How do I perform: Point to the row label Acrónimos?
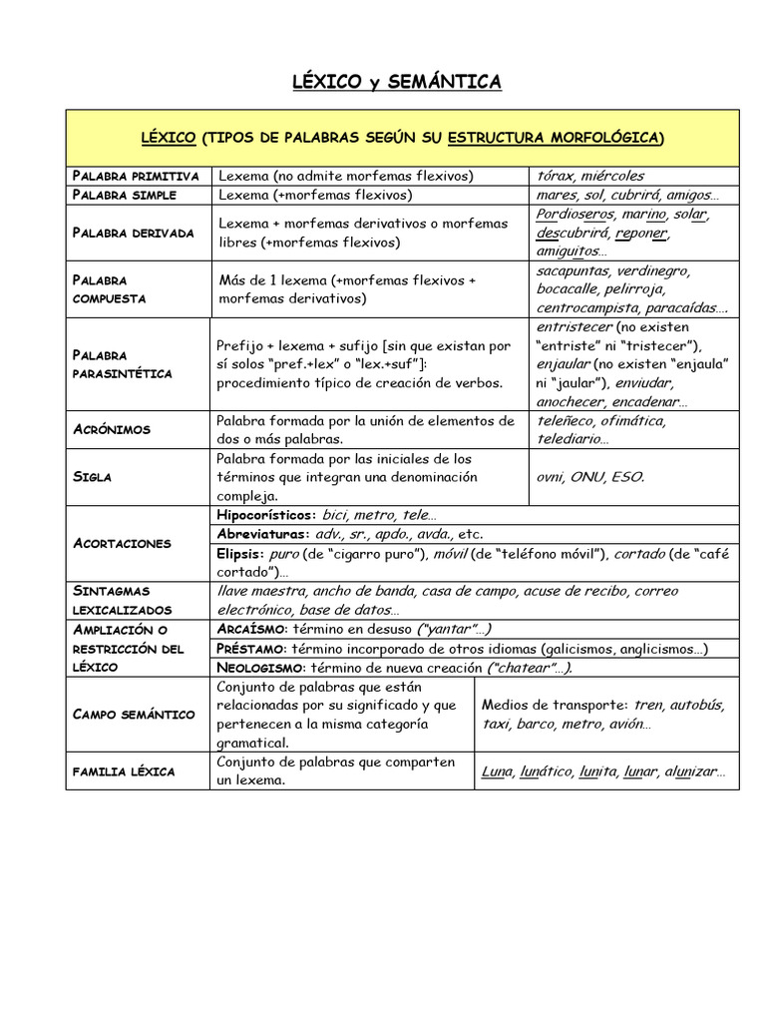111,429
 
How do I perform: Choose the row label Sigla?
92,477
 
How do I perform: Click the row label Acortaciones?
122,543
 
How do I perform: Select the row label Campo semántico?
134,714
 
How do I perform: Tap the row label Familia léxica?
123,771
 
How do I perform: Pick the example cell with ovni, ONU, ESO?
590,477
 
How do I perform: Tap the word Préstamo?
251,648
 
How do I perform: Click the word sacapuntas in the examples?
573,271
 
